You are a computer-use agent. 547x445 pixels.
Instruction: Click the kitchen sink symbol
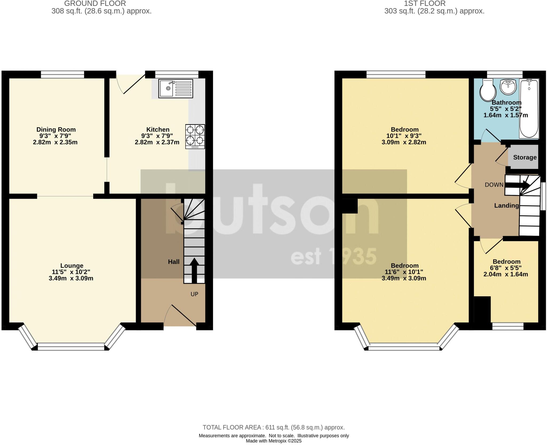[175, 88]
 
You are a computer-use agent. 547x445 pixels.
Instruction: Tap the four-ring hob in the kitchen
[195, 136]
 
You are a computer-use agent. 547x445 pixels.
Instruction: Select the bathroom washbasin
[508, 87]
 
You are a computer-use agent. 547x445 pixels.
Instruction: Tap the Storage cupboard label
[525, 157]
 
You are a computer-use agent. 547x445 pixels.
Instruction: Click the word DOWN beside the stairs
[494, 185]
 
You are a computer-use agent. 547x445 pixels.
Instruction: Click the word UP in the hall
[194, 294]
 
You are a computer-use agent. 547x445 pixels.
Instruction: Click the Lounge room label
[72, 266]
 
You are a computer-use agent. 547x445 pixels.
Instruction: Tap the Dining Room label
[56, 129]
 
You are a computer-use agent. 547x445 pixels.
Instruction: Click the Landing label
[506, 206]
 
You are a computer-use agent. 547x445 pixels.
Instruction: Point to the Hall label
[174, 262]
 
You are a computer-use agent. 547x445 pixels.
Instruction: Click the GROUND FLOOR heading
[95, 3]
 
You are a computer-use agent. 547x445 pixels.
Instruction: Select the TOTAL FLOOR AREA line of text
[273, 427]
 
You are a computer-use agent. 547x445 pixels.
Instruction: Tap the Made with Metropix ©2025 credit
[273, 441]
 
